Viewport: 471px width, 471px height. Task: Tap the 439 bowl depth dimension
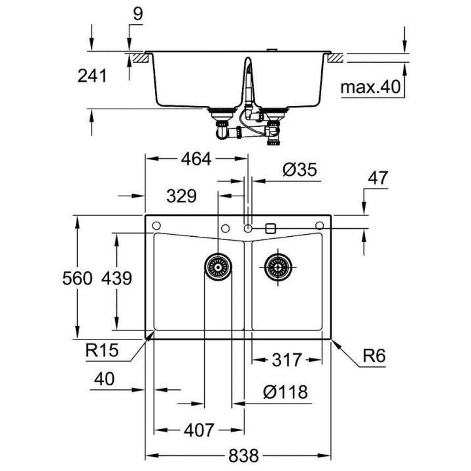pyautogui.click(x=117, y=279)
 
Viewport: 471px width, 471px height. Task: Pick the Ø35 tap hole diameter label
pyautogui.click(x=300, y=170)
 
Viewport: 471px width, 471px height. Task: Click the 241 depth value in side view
pyautogui.click(x=92, y=77)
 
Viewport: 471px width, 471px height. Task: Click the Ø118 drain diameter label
pyautogui.click(x=285, y=392)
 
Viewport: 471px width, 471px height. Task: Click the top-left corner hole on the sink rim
pyautogui.click(x=156, y=226)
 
